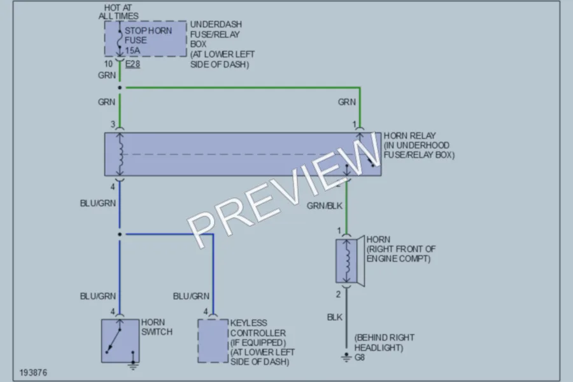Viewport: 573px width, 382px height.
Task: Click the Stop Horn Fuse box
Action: pyautogui.click(x=145, y=39)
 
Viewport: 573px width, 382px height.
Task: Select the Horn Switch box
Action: pyautogui.click(x=120, y=341)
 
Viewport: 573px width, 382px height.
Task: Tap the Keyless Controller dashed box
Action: pyautogui.click(x=213, y=341)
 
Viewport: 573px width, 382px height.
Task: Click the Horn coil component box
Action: pyautogui.click(x=346, y=261)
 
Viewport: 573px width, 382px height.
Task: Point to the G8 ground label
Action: pyautogui.click(x=360, y=357)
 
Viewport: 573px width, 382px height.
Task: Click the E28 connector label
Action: pyautogui.click(x=132, y=64)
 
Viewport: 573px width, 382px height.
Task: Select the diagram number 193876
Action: pyautogui.click(x=33, y=372)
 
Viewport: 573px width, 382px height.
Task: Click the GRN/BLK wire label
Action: pyautogui.click(x=325, y=206)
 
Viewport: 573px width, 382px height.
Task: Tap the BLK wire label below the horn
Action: pyautogui.click(x=335, y=317)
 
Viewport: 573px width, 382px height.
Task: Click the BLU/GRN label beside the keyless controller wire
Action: pyautogui.click(x=191, y=296)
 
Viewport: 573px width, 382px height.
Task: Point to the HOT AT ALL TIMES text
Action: pyautogui.click(x=118, y=11)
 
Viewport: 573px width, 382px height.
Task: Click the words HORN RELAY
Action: pyautogui.click(x=409, y=136)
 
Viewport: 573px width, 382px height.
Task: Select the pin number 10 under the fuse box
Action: pyautogui.click(x=108, y=64)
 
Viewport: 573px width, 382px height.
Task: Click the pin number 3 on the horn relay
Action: pyautogui.click(x=113, y=124)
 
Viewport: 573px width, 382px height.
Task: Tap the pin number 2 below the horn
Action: pyautogui.click(x=339, y=294)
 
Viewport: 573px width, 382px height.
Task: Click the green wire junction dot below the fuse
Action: pyautogui.click(x=120, y=88)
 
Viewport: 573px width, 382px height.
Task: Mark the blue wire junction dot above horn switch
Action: pyautogui.click(x=120, y=234)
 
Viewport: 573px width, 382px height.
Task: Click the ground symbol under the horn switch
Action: pyautogui.click(x=133, y=365)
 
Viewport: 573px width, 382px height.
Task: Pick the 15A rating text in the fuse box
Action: pyautogui.click(x=132, y=50)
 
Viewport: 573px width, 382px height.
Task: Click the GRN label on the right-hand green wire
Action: pyautogui.click(x=347, y=102)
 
